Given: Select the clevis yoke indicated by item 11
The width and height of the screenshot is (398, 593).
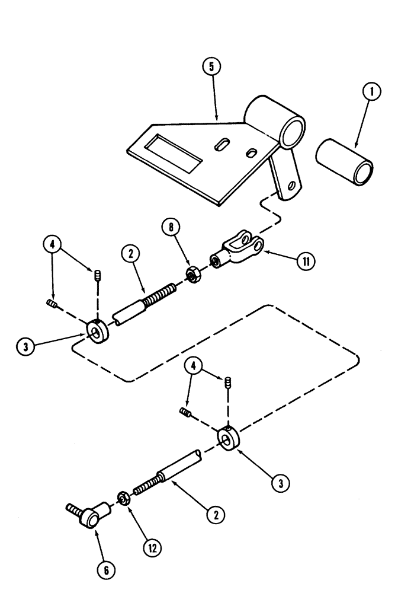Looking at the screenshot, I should (237, 250).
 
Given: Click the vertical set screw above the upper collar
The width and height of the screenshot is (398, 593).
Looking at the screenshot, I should (95, 275).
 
